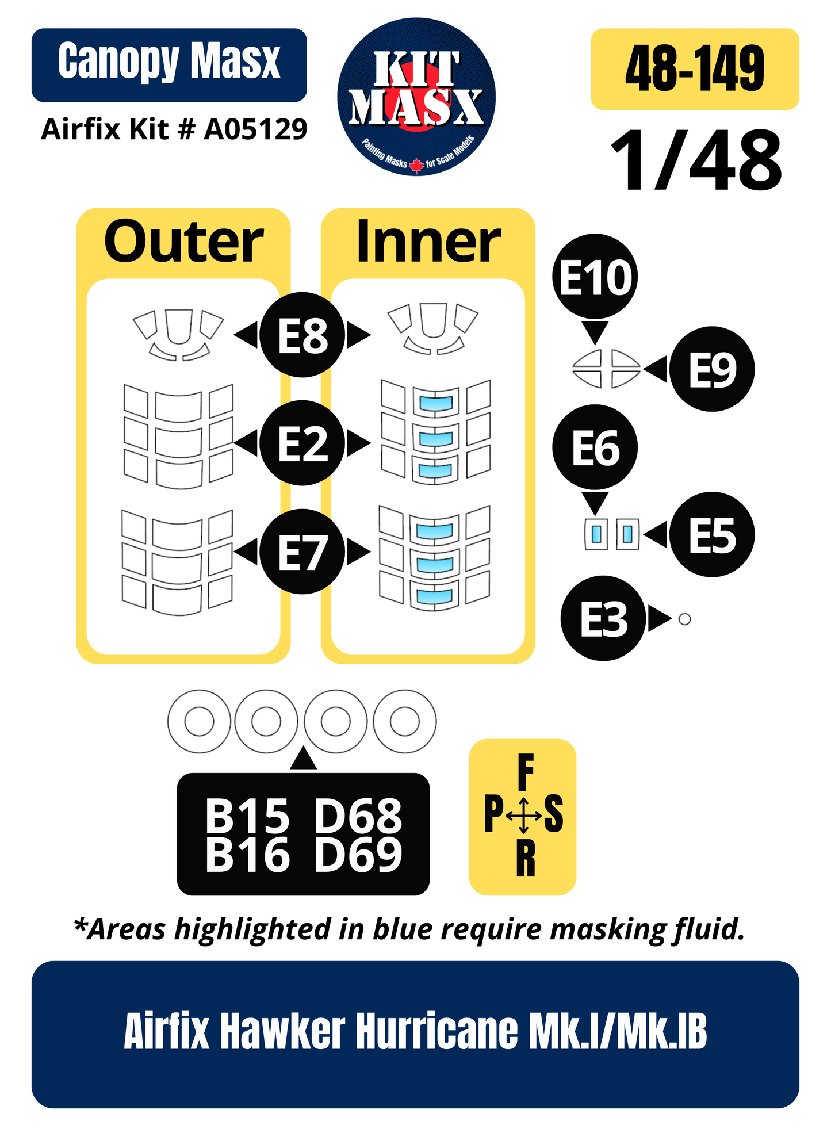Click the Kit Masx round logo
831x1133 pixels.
416,97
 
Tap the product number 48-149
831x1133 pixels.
695,68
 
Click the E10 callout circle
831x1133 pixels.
595,277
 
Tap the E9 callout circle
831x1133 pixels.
712,369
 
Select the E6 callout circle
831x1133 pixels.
595,447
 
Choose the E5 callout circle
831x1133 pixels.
712,535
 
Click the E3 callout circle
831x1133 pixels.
603,619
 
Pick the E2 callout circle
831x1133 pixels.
302,443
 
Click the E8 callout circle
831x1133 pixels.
302,335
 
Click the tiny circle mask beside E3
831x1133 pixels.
684,619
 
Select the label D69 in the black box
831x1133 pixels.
358,855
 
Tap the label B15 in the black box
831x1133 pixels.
247,816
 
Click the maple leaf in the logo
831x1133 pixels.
416,166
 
